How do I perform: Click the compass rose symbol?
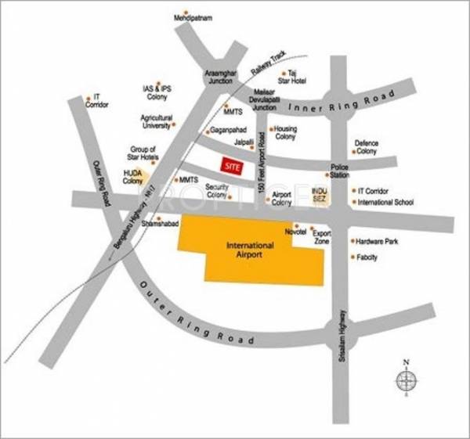point(407,381)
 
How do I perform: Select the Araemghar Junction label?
point(219,77)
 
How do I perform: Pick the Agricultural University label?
point(156,122)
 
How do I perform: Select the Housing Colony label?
point(285,132)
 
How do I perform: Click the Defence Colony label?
point(367,147)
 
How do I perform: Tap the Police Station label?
point(339,171)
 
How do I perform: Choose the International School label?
point(384,202)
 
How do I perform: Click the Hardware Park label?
point(378,242)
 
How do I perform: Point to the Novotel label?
point(295,232)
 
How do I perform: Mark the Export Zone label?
point(322,237)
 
